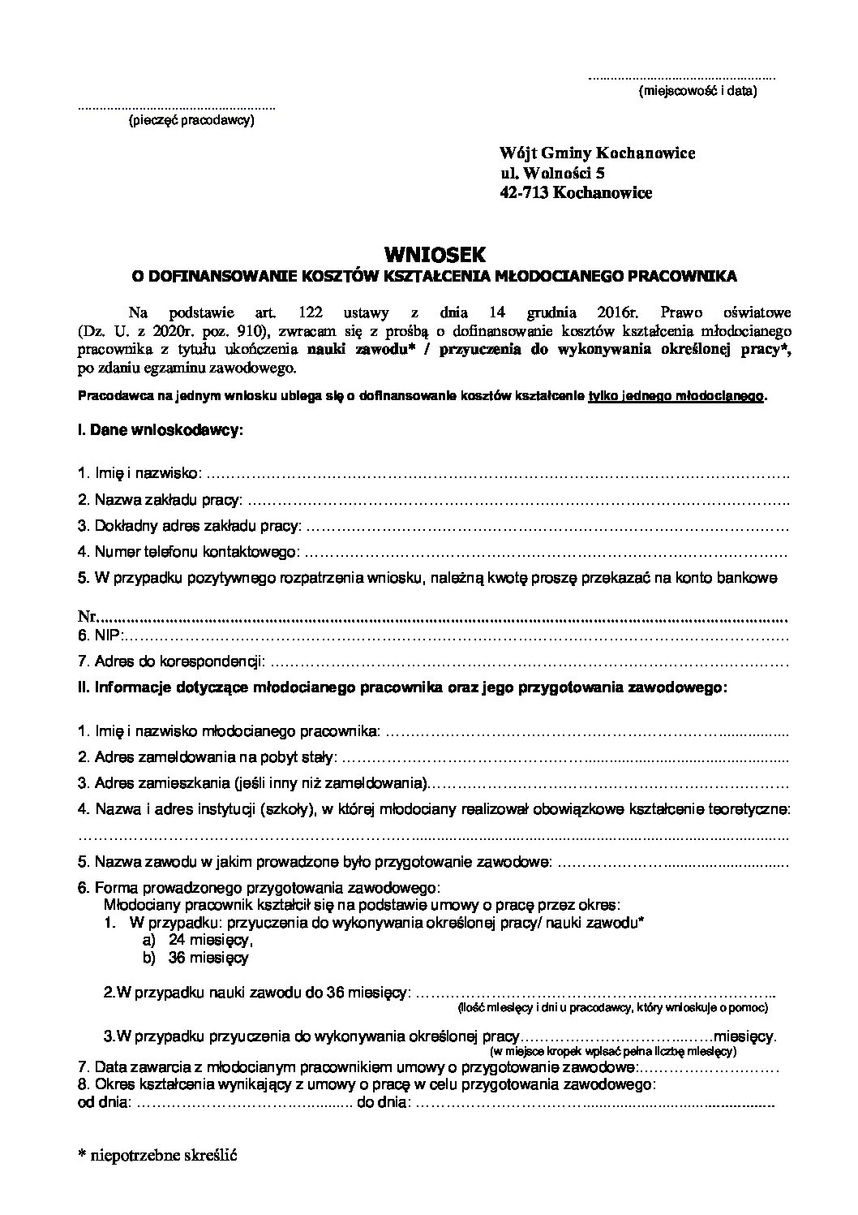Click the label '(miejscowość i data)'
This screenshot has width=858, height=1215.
[697, 91]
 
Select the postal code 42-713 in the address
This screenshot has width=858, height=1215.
[524, 192]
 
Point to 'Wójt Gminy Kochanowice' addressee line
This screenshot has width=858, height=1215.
[598, 153]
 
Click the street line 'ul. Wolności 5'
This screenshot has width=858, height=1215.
[552, 173]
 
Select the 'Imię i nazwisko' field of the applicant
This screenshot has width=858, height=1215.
[142, 472]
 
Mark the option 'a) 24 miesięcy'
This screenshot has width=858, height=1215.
[198, 939]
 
